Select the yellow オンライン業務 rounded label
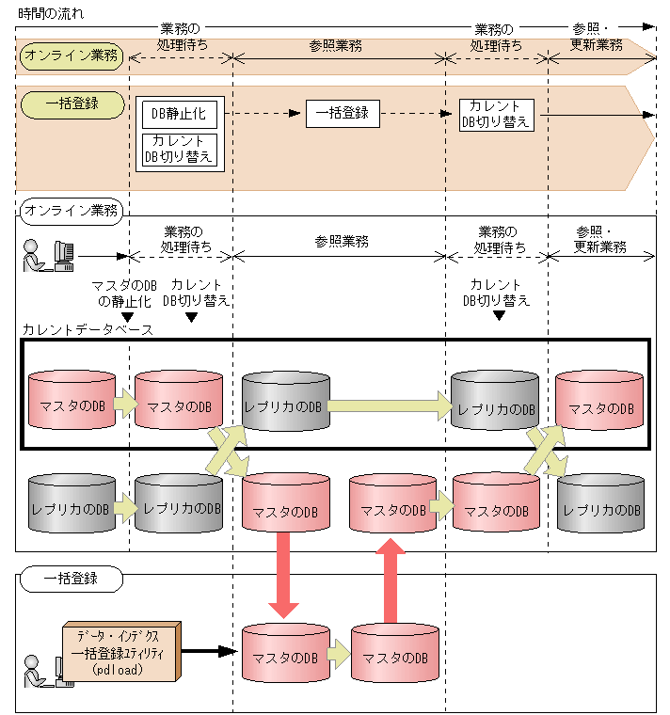click(72, 56)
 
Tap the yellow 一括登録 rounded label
click(72, 103)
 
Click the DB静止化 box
click(178, 115)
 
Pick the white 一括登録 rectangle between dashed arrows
click(342, 114)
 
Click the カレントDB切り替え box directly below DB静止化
click(178, 149)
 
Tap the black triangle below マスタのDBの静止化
click(128, 317)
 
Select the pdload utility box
click(122, 652)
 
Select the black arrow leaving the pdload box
click(209, 650)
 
